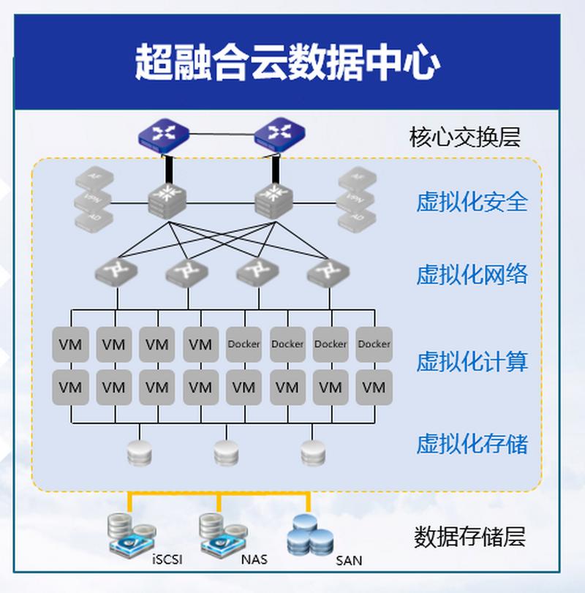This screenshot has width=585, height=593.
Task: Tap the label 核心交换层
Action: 465,137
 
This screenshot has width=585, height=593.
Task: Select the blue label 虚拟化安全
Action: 472,202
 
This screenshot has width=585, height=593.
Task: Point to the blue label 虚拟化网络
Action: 472,275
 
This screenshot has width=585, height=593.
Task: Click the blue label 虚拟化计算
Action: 472,361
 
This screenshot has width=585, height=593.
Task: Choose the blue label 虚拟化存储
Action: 472,444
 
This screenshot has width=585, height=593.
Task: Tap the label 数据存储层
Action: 469,537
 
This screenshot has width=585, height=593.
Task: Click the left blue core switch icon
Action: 164,135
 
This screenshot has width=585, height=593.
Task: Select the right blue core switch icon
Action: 279,135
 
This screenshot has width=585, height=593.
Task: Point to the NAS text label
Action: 254,560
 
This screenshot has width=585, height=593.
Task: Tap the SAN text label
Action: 349,562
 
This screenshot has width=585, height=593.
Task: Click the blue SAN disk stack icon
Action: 310,536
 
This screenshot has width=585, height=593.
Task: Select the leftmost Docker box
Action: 244,344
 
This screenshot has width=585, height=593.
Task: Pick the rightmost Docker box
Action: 374,344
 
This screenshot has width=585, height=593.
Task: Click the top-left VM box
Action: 70,344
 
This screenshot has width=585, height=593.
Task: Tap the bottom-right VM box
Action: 374,388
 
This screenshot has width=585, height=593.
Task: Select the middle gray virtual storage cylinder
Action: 226,453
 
